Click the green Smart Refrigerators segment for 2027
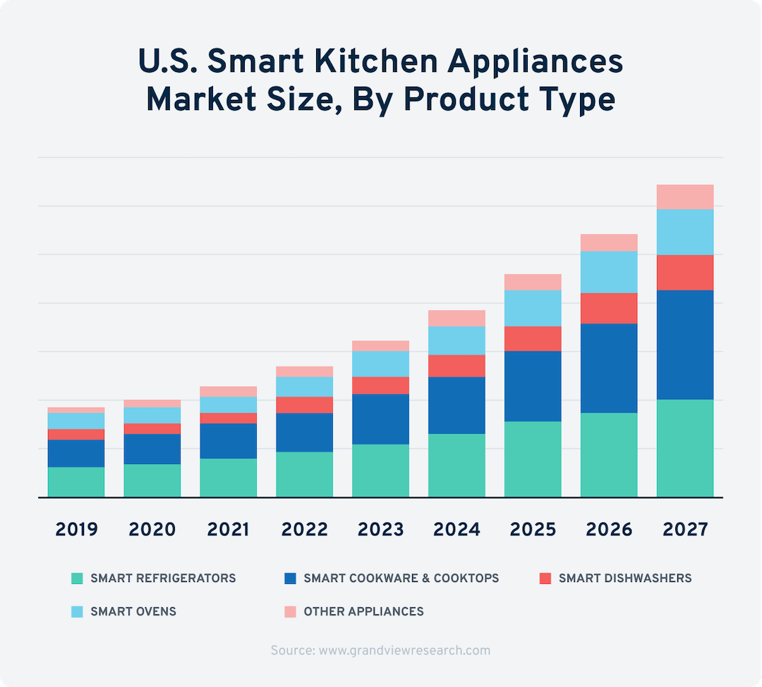coord(684,448)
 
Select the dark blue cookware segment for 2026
coord(609,368)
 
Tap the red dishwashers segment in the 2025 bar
coord(533,339)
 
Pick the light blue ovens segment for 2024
coord(456,341)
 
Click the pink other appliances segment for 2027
coord(684,197)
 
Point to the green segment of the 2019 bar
coord(76,482)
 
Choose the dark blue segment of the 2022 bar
coord(304,432)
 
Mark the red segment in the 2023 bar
coord(380,385)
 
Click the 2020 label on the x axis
coord(152,529)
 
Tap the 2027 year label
coord(684,529)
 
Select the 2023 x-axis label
coord(380,529)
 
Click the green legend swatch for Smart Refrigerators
coord(77,578)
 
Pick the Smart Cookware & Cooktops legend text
coord(401,578)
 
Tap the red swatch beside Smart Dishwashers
coord(544,578)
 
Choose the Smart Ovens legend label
coord(133,612)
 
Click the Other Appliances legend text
coord(363,612)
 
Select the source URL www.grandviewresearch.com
coord(404,650)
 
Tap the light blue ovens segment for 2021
coord(229,405)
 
